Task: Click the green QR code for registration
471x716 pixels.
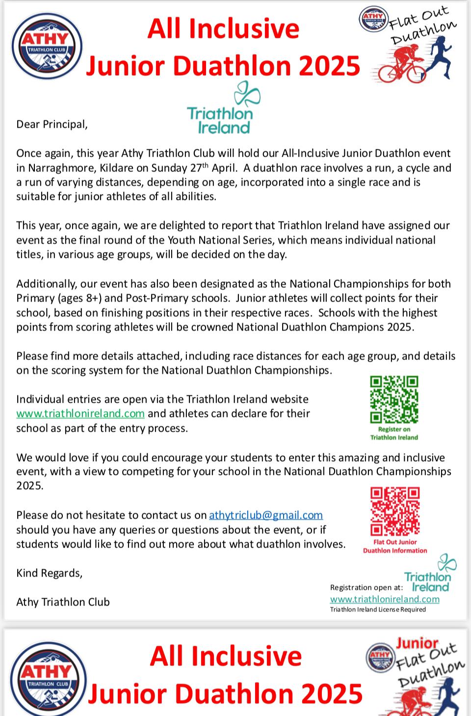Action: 394,399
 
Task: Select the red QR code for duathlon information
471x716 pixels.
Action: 395,511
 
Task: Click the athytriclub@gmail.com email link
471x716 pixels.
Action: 266,515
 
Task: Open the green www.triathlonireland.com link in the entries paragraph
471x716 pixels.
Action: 80,413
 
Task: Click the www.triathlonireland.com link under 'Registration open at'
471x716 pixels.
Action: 385,599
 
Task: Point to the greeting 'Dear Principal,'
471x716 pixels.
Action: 52,124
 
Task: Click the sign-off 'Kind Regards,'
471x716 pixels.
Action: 49,573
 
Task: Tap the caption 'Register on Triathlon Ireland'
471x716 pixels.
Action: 394,433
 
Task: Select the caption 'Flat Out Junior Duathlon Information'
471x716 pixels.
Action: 395,546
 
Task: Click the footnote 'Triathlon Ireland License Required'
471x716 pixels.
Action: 378,609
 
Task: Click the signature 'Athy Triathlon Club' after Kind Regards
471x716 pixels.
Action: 63,602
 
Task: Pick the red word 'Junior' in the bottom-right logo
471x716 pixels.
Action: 417,643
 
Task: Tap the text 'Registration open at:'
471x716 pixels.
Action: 366,587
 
